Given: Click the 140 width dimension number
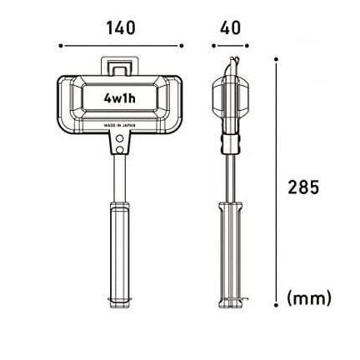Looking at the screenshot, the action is coord(121,28).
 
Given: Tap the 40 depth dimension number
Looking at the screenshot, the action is coord(230,28).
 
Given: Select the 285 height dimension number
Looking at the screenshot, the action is coord(303,187).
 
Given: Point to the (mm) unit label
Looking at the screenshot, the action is coord(309,298).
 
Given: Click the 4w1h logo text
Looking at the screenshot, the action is coord(120,97).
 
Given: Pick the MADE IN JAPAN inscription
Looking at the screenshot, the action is coord(120,126).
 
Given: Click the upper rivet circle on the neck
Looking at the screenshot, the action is coord(120,137).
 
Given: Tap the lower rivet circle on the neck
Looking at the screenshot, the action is coord(120,150).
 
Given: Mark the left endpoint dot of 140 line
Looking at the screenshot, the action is coord(61,46).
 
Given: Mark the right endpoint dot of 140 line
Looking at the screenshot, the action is coord(182,46).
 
